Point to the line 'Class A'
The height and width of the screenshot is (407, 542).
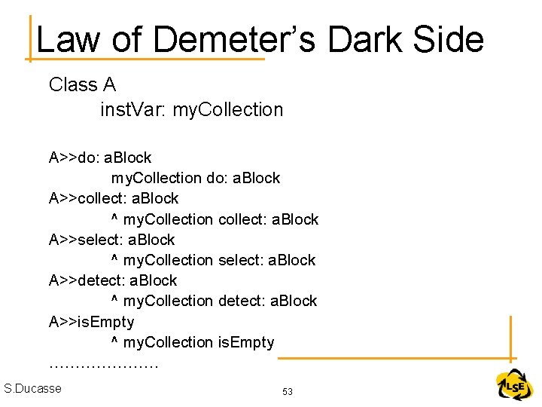click(x=82, y=84)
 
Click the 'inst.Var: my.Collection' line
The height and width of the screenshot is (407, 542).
click(x=192, y=109)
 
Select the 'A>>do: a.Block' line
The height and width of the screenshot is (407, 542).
click(x=100, y=158)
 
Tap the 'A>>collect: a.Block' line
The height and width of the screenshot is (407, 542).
click(x=114, y=198)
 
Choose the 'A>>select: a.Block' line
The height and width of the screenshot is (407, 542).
click(x=111, y=240)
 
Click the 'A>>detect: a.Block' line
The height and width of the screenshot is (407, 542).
click(x=113, y=280)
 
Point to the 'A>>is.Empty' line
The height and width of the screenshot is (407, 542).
click(x=91, y=322)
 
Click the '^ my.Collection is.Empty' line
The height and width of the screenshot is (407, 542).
click(x=193, y=342)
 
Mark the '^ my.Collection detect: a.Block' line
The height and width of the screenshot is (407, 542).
click(x=214, y=301)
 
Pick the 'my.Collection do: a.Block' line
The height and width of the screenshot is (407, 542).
click(x=195, y=178)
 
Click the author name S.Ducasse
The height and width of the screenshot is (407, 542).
click(x=33, y=388)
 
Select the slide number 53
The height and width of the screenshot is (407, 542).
click(x=288, y=392)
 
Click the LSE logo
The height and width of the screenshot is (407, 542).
click(x=515, y=386)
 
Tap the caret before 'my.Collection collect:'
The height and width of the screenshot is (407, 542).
click(x=114, y=218)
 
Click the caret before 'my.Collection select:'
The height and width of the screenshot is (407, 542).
click(x=114, y=259)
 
